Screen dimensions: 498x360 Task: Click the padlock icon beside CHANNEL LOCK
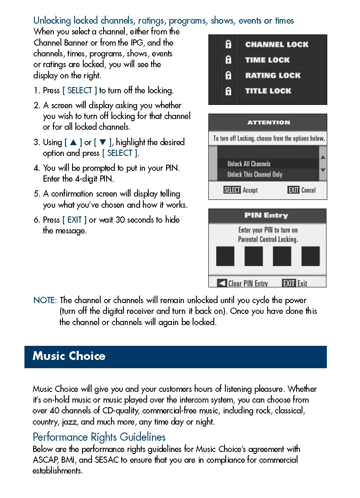click(228, 44)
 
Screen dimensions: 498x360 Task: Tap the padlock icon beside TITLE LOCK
click(228, 91)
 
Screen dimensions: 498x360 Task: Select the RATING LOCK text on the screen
click(273, 75)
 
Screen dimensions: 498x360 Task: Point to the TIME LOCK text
click(267, 60)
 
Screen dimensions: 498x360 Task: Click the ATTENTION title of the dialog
click(268, 123)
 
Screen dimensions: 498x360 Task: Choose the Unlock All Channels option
click(249, 164)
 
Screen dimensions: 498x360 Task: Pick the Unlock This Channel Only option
click(254, 175)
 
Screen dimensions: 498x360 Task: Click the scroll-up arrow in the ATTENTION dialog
click(323, 158)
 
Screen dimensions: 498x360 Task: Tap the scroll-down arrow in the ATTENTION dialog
click(323, 170)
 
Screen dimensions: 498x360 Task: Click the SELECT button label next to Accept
click(232, 190)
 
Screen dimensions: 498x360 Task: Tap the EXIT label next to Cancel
click(293, 190)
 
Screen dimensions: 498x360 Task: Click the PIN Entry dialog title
click(266, 216)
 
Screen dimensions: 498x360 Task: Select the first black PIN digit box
click(225, 256)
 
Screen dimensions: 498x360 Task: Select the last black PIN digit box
click(310, 256)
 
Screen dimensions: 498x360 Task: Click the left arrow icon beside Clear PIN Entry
click(222, 283)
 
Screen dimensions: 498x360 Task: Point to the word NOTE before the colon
click(44, 300)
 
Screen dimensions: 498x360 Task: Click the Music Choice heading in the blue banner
click(69, 356)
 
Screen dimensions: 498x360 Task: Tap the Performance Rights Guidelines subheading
click(99, 437)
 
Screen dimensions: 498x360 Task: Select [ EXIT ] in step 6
click(75, 220)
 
